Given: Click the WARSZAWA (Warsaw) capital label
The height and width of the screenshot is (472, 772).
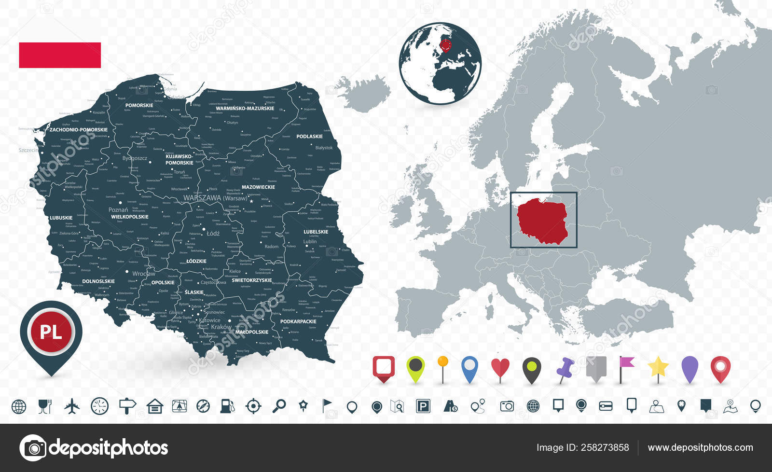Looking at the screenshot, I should (215, 198).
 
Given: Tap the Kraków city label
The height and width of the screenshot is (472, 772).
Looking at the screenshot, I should (221, 327).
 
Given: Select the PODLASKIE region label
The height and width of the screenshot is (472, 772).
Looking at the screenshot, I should (309, 137).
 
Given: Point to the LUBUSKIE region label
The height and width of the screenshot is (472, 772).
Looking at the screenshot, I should (61, 218).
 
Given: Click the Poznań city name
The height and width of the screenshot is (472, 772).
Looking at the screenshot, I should (118, 210).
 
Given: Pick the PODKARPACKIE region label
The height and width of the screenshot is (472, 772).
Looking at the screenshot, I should (298, 321).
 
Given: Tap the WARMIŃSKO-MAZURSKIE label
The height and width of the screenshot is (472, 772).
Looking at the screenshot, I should (245, 109).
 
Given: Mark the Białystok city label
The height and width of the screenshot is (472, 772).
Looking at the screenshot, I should (324, 148).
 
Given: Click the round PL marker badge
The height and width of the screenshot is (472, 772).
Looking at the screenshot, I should (51, 332).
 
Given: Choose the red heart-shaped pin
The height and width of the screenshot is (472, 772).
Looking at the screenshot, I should (500, 368).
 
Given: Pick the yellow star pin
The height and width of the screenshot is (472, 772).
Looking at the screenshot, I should (658, 367).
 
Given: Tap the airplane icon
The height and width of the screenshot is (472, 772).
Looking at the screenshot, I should (72, 406).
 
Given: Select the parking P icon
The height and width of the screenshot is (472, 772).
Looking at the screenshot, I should (423, 406).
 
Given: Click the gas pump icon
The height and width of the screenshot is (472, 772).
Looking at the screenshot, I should (227, 406).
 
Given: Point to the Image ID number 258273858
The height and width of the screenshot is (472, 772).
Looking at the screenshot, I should (606, 447).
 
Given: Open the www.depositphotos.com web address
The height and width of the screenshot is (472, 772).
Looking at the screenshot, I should (700, 447).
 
